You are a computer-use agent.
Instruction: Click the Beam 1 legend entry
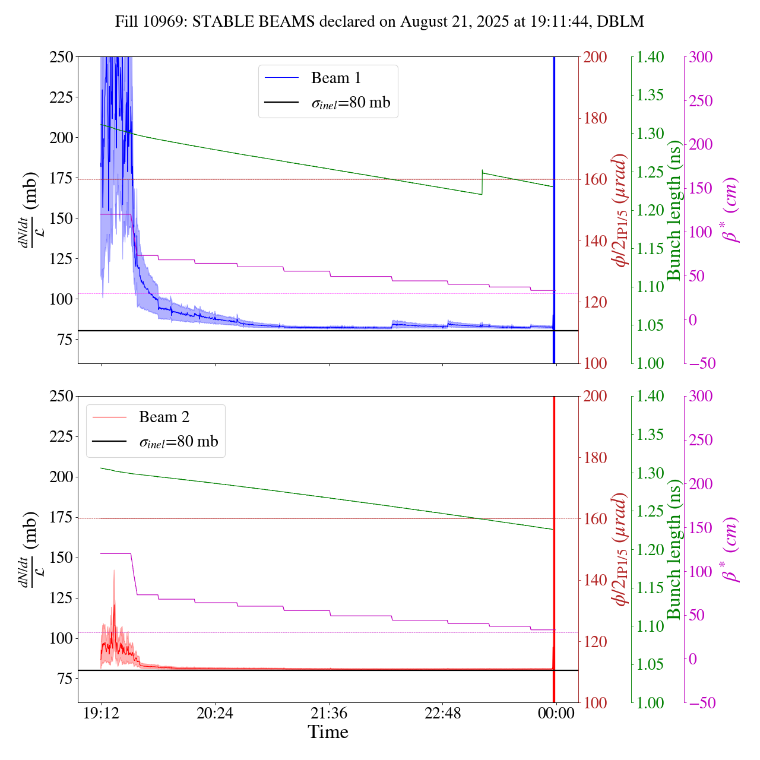coord(335,78)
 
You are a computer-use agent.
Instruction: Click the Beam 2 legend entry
coord(164,417)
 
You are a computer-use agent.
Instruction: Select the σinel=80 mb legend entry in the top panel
coord(351,102)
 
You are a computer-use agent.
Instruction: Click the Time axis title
coord(328,732)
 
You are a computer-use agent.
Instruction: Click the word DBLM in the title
coord(620,22)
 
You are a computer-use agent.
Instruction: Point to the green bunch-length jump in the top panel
coord(482,182)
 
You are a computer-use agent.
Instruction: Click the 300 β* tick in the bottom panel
coord(701,396)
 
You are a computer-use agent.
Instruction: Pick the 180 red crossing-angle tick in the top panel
coord(595,118)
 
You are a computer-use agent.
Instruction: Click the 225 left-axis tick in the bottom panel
coord(62,436)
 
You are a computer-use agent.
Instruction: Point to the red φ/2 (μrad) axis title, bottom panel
coord(621,549)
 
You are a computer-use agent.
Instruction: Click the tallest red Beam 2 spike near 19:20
coord(114,571)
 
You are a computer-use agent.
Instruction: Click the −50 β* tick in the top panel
coord(701,363)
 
